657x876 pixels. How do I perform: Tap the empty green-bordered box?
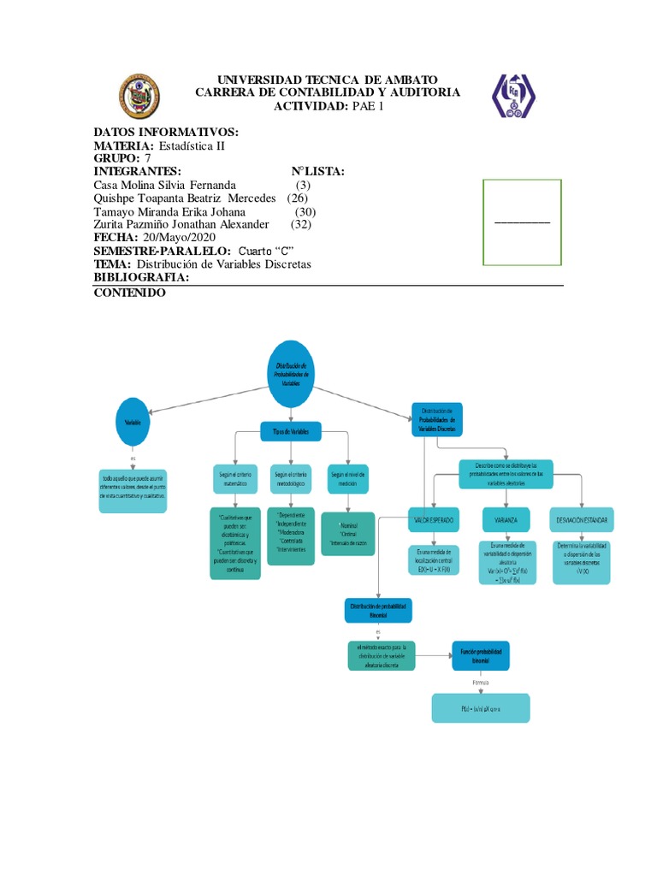pos(522,222)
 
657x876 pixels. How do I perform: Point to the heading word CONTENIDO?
pos(129,293)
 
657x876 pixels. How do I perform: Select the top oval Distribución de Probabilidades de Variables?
pos(292,373)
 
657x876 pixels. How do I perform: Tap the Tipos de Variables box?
pos(291,432)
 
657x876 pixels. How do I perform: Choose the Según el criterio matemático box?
pos(235,478)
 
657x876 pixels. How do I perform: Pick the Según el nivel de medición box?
pos(347,477)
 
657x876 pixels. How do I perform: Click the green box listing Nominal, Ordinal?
pos(347,533)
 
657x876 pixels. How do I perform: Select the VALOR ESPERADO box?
pos(434,519)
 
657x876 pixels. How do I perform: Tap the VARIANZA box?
pos(507,519)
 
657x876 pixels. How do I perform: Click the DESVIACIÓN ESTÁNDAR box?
pos(582,519)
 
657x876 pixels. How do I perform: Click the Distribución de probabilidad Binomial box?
pos(377,609)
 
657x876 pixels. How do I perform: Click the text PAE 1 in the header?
pos(369,105)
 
